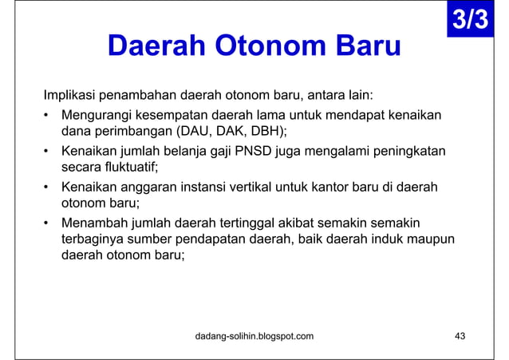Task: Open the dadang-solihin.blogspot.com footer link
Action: [x=254, y=336]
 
